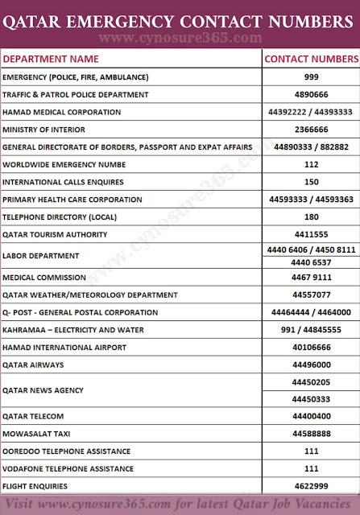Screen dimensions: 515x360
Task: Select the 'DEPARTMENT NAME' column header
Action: click(51, 59)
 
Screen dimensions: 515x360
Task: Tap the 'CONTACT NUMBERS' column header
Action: click(311, 59)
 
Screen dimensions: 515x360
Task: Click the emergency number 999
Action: click(311, 77)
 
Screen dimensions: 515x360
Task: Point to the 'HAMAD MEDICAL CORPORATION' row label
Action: click(62, 112)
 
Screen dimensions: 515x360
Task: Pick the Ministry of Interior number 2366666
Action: click(311, 129)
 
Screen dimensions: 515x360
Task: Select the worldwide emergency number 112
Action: click(311, 164)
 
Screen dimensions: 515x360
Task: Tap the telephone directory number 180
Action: click(311, 216)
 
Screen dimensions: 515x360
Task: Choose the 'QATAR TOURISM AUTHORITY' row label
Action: click(55, 234)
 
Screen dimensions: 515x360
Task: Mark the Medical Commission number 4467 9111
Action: click(311, 278)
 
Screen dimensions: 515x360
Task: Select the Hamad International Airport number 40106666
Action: click(311, 347)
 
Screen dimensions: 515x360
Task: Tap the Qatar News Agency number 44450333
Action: click(311, 399)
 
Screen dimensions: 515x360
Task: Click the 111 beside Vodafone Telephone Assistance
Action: click(311, 469)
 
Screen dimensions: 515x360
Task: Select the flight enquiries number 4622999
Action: click(311, 486)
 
